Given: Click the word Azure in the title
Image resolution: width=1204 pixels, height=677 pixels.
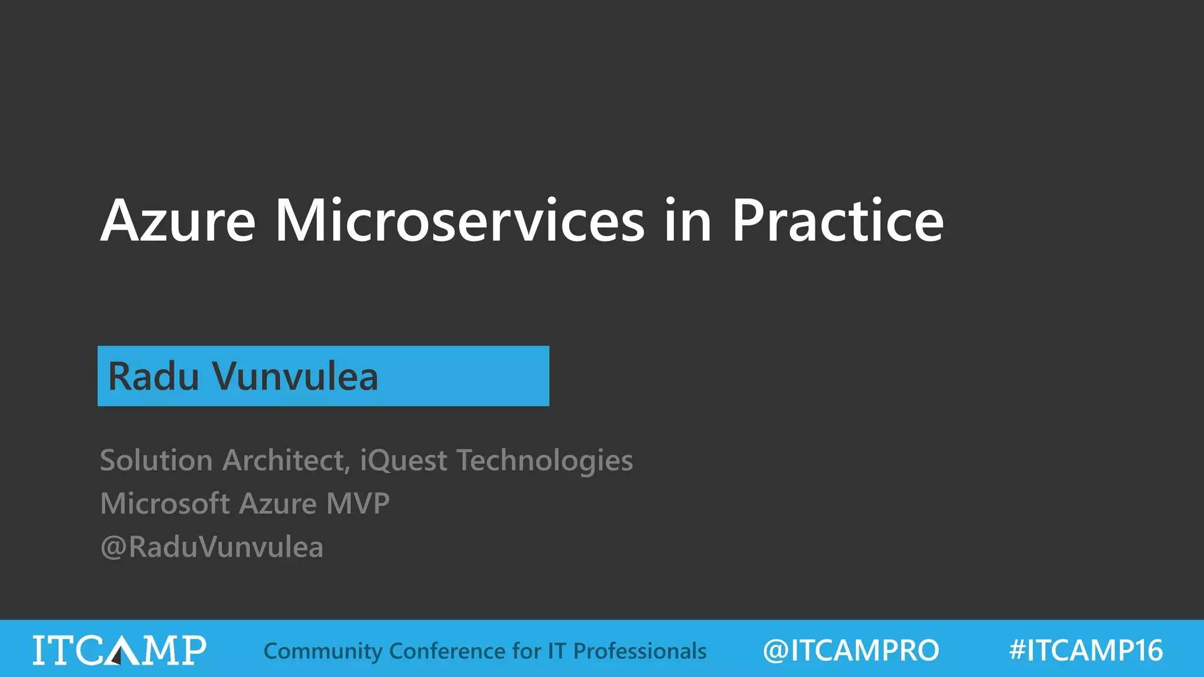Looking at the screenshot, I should tap(178, 222).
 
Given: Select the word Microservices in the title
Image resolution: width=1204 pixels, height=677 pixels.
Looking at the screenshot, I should tap(460, 222).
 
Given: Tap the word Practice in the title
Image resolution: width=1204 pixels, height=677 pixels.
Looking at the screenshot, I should tap(837, 222).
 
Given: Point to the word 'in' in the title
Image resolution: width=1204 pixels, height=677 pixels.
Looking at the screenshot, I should tap(688, 222).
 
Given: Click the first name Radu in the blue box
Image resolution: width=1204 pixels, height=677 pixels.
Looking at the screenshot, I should tap(154, 377).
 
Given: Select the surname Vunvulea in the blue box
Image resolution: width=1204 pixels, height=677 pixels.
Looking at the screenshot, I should tap(295, 377).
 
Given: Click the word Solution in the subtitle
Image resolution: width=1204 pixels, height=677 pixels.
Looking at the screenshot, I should tap(156, 460).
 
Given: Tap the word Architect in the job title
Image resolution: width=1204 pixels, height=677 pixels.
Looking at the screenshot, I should tap(286, 460).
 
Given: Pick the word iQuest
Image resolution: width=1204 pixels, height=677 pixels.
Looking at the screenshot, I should tap(403, 460).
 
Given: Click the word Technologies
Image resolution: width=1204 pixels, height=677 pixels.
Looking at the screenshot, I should tap(545, 460).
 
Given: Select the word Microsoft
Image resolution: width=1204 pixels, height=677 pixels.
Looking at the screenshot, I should tap(165, 504).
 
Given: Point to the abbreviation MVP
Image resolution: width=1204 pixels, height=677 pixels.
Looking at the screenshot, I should tap(357, 504).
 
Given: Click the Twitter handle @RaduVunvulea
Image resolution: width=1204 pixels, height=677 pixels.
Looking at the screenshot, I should tap(212, 547).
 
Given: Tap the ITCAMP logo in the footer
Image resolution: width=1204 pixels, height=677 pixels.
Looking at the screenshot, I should tap(119, 650).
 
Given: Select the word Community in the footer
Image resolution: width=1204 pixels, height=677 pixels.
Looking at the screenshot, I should tap(323, 651).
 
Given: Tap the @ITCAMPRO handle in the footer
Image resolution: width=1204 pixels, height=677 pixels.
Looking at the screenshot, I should tap(851, 651).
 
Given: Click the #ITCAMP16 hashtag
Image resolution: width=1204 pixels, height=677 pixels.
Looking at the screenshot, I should tap(1085, 651).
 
